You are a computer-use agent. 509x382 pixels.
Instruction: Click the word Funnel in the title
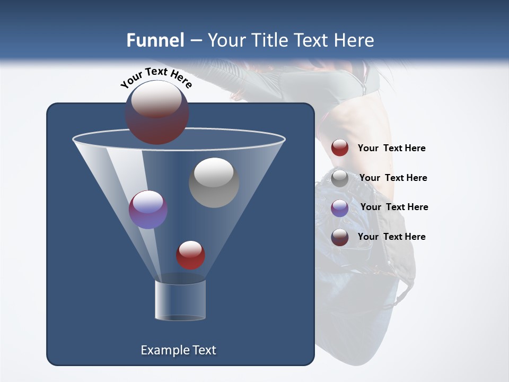(155, 40)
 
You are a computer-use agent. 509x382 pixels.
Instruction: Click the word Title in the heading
(269, 40)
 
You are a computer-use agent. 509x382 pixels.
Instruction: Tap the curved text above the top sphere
(156, 77)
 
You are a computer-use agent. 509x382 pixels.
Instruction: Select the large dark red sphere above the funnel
(156, 112)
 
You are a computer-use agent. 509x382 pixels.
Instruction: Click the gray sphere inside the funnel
(214, 183)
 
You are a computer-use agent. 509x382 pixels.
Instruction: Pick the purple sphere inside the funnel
(148, 210)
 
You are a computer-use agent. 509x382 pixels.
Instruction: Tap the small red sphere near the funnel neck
(190, 255)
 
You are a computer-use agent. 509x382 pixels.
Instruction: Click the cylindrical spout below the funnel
(180, 300)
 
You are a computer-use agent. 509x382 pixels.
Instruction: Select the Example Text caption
(178, 350)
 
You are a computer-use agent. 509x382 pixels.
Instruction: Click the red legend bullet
(340, 148)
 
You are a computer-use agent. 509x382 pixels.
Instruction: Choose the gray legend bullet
(340, 178)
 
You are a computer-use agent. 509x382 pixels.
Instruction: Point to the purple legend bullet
(340, 207)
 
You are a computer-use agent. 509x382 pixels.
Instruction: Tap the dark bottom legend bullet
(340, 237)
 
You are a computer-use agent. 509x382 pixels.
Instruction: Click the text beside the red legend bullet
(391, 149)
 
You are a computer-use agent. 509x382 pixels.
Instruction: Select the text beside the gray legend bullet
(393, 178)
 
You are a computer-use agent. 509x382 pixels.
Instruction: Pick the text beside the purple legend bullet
(394, 207)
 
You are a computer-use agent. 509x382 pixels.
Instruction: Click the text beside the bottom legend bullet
(391, 237)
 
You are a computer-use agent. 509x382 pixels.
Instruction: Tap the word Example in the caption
(161, 350)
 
